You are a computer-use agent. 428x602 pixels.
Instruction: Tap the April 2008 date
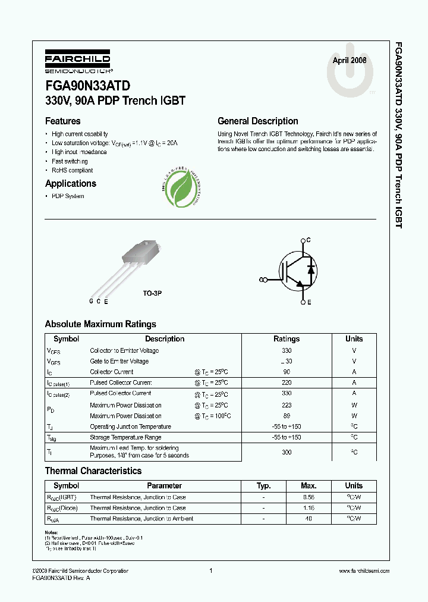349,61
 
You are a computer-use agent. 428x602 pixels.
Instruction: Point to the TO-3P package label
152,294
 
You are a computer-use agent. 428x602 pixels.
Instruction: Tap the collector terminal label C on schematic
308,240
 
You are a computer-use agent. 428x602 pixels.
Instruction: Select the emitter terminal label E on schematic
309,303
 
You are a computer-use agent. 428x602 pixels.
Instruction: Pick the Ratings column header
287,339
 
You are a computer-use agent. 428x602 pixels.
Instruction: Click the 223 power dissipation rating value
287,405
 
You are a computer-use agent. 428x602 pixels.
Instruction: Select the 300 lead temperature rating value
287,452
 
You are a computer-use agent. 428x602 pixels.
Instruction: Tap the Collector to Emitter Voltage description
124,351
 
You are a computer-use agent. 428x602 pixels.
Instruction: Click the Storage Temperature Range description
125,437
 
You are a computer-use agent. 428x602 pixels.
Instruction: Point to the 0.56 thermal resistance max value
308,497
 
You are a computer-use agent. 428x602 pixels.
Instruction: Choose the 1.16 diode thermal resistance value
308,508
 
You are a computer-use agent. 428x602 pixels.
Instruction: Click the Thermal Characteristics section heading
93,471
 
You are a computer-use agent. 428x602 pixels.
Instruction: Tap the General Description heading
257,121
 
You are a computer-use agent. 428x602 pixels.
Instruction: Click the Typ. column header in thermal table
263,486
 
